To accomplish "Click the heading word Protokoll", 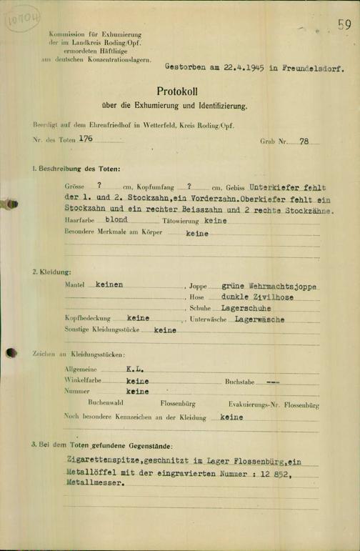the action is coord(180,91).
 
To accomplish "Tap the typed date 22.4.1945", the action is coord(227,69).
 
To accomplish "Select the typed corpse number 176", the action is coord(86,141).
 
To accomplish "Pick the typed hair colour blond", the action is coord(116,221).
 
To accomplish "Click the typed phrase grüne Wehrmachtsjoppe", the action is coord(269,285).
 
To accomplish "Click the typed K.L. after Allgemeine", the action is coord(136,369).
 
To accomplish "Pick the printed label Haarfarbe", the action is coord(79,222).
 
